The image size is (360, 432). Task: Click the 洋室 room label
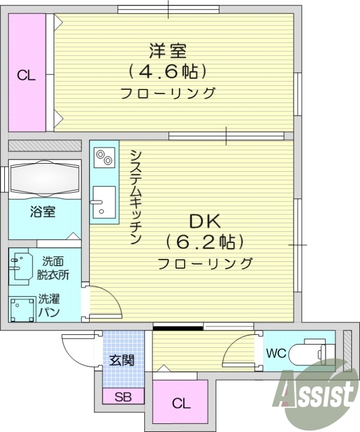(x=168, y=51)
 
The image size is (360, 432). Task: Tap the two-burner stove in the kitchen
(x=104, y=157)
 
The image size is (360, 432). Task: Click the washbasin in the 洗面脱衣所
(x=21, y=266)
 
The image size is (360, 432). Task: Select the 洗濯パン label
(x=49, y=306)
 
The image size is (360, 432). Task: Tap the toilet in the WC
(x=308, y=354)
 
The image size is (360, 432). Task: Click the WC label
(x=276, y=354)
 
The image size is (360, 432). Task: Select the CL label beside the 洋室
(x=26, y=76)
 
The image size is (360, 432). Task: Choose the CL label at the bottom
(x=180, y=403)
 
